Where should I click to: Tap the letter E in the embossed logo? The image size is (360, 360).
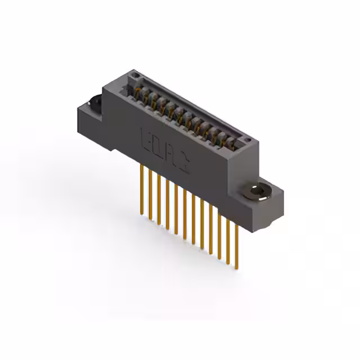click(x=144, y=136)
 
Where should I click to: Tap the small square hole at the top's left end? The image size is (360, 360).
click(x=133, y=78)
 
